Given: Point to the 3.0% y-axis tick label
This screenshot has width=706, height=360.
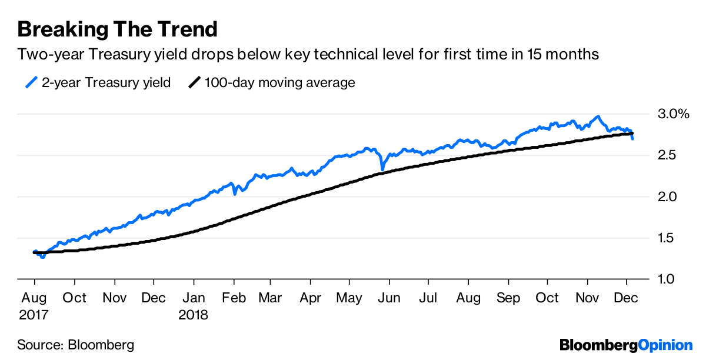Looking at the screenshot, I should click(x=672, y=114).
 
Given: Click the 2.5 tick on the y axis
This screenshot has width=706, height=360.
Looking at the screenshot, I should click(x=667, y=155).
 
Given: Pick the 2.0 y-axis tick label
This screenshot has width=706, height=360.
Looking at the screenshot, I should click(x=667, y=196).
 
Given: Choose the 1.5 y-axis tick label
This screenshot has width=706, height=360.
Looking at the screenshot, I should click(x=667, y=238).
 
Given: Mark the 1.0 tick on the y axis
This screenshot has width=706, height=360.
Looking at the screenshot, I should click(x=667, y=279).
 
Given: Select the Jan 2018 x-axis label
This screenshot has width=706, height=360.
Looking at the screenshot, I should click(x=194, y=306).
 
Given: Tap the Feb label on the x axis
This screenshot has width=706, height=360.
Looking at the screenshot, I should click(x=233, y=298).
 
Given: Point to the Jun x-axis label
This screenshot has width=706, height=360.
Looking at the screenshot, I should click(x=388, y=298).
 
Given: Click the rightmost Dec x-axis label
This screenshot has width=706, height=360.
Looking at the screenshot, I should click(x=626, y=298).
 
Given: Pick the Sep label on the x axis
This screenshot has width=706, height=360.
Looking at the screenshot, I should click(x=508, y=298).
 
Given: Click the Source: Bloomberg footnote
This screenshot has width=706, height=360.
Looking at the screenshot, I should click(x=75, y=345).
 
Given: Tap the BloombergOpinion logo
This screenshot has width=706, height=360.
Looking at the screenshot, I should click(x=626, y=345).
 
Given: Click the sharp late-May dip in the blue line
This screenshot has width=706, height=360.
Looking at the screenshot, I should click(x=382, y=169).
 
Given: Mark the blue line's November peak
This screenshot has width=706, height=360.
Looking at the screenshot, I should click(x=598, y=116).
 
